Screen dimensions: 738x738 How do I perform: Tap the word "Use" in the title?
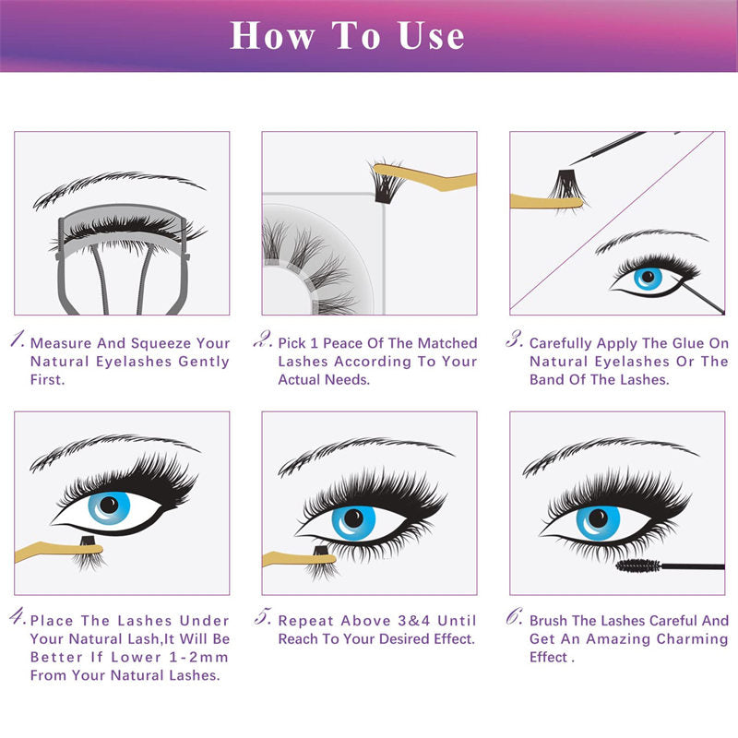click(x=431, y=35)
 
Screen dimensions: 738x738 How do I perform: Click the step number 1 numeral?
click(x=19, y=339)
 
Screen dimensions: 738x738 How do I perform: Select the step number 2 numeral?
click(x=266, y=339)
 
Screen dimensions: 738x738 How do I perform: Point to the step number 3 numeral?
click(x=515, y=339)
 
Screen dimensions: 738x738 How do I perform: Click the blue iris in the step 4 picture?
click(x=108, y=505)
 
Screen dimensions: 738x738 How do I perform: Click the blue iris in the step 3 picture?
click(x=649, y=276)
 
